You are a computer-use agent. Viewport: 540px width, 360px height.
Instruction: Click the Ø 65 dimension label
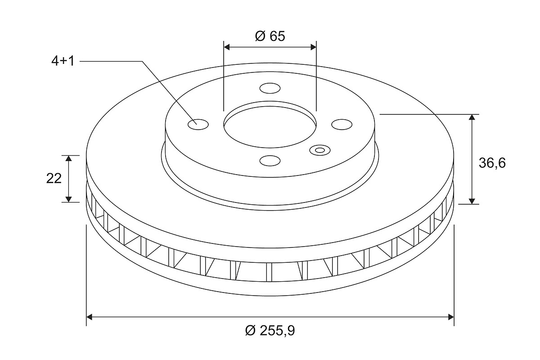[x=270, y=36]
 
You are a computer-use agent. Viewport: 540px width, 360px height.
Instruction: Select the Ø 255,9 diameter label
[x=270, y=330]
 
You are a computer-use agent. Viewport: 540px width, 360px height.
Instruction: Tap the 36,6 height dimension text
[x=492, y=163]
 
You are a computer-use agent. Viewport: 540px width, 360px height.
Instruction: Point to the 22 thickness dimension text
[x=54, y=179]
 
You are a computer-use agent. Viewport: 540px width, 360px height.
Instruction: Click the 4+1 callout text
[x=63, y=61]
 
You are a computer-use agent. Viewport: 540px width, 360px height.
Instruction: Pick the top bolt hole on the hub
[x=270, y=88]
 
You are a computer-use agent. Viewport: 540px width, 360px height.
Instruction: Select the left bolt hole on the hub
[x=198, y=124]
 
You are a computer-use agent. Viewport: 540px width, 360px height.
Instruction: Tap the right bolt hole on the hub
[x=342, y=124]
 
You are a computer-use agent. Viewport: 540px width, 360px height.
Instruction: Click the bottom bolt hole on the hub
[x=270, y=161]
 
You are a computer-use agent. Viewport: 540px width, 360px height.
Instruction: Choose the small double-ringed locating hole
[x=319, y=150]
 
